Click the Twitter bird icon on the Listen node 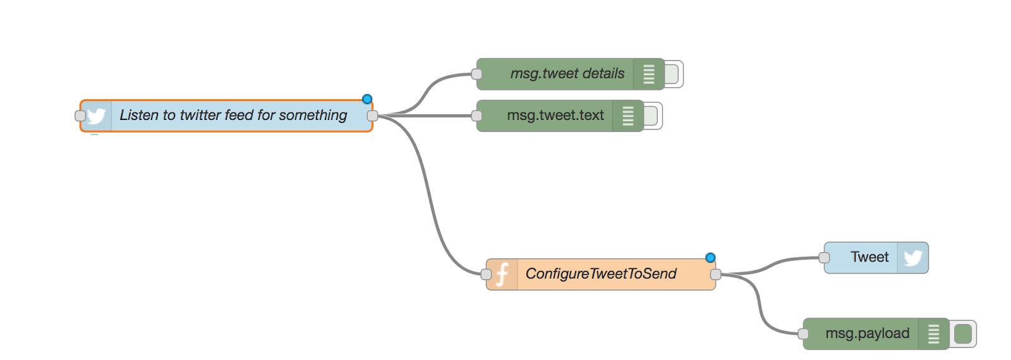tap(96, 116)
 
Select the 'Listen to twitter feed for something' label tap(233, 115)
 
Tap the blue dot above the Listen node tap(367, 99)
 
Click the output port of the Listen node tap(372, 116)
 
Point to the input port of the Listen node tap(80, 116)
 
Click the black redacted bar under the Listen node tap(134, 142)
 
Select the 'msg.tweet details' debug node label tap(567, 74)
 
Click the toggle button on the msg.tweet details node tap(672, 74)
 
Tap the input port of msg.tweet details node tap(477, 74)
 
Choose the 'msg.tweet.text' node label tap(555, 116)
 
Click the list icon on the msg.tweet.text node tap(627, 116)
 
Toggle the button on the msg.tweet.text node tap(651, 116)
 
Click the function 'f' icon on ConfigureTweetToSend tap(502, 274)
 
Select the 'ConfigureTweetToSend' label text tap(600, 273)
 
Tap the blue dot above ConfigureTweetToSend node tap(710, 258)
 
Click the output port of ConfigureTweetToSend tap(715, 274)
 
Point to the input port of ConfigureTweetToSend tap(486, 274)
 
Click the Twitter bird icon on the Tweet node tap(912, 258)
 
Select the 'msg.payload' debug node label tap(867, 333)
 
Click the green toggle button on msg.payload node tap(963, 333)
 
